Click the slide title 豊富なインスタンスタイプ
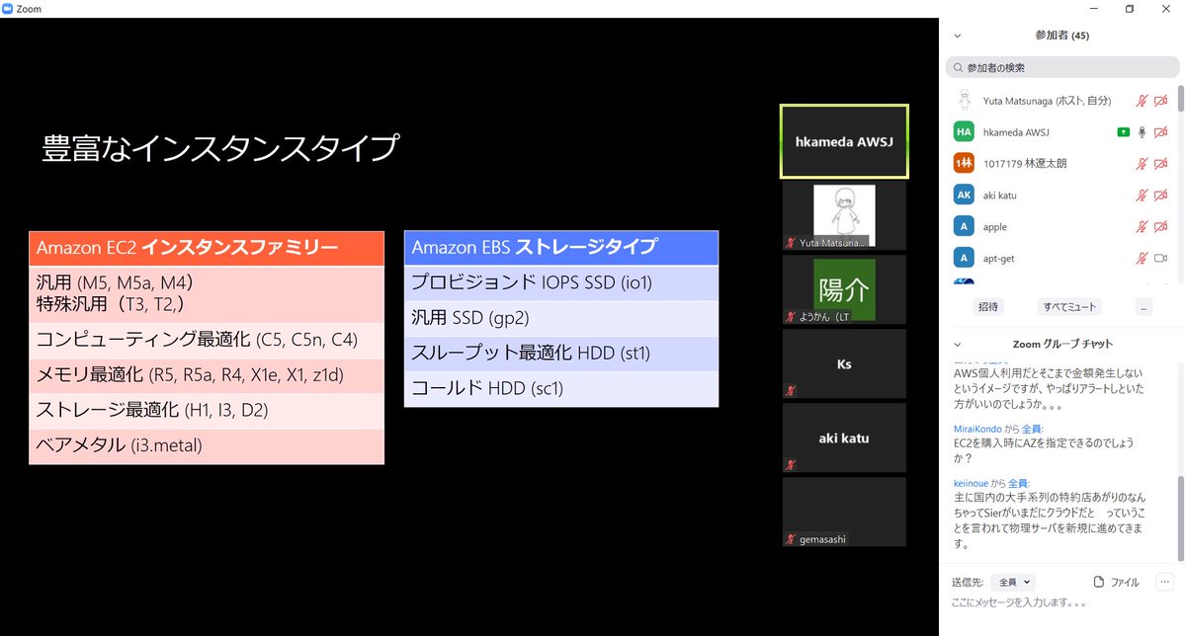(220, 148)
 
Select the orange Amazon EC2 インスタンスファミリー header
(206, 248)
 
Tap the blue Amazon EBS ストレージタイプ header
(560, 248)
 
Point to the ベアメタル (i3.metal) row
(206, 445)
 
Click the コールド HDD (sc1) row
(560, 388)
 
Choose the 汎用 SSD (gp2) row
(560, 318)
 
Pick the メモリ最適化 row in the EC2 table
(206, 375)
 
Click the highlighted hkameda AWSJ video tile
(844, 142)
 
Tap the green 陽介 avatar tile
(844, 289)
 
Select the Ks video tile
(844, 364)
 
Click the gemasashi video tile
(844, 512)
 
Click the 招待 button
(987, 307)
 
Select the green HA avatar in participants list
(964, 132)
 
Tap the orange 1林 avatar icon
(964, 164)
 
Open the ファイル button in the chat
(1117, 583)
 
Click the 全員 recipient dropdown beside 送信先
(1015, 583)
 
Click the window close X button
(1167, 9)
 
